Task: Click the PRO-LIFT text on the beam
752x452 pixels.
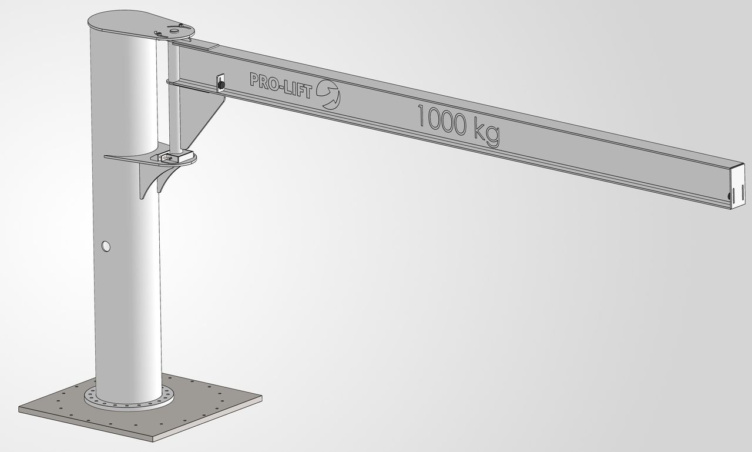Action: pyautogui.click(x=281, y=86)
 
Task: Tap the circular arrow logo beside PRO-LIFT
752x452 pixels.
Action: pyautogui.click(x=328, y=95)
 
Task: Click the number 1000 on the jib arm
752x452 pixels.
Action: pyautogui.click(x=442, y=120)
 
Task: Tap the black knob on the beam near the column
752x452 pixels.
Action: pyautogui.click(x=220, y=86)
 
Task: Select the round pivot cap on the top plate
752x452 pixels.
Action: pyautogui.click(x=174, y=31)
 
